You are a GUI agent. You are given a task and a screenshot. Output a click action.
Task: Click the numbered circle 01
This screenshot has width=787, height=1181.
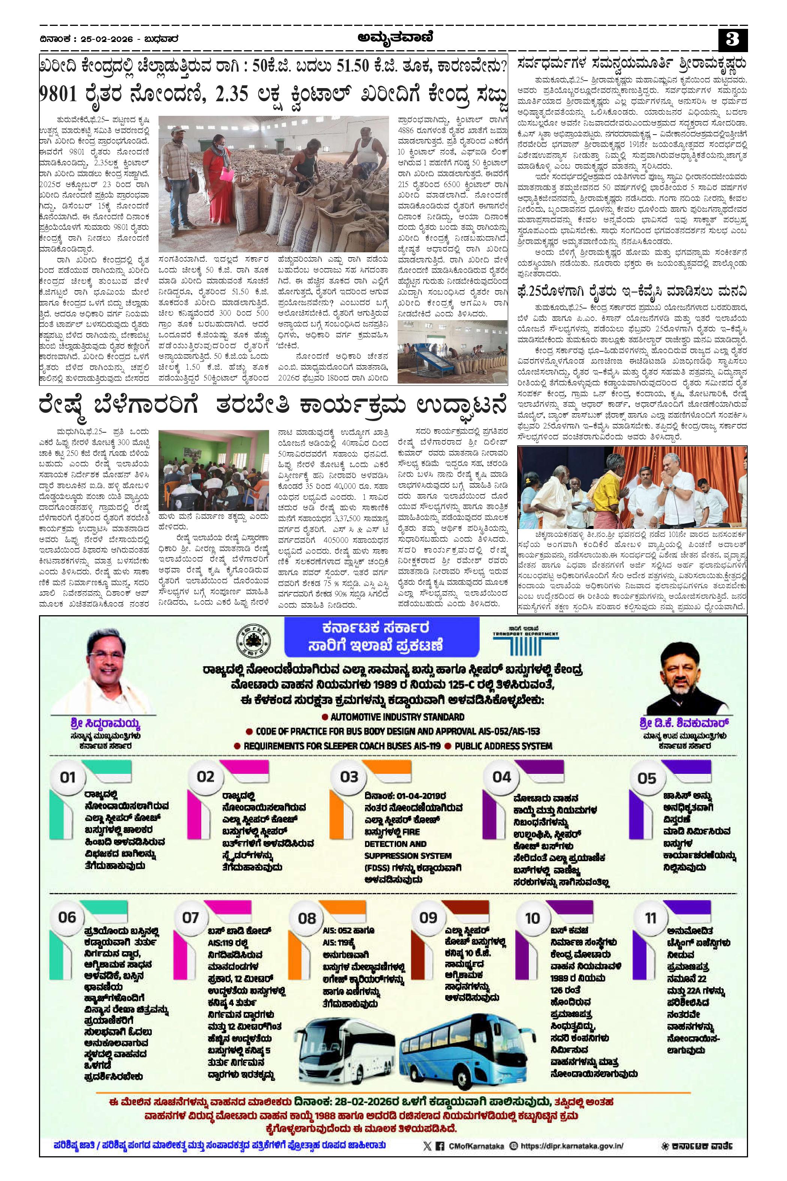67,777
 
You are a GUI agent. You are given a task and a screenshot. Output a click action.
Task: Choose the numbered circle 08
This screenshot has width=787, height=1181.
307,919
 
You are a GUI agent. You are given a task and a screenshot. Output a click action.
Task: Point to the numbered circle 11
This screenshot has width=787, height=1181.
651,918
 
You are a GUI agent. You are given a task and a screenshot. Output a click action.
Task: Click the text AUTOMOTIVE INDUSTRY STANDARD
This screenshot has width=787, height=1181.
397,717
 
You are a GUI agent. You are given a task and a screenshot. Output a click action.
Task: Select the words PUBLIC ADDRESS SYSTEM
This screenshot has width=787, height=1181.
503,746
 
